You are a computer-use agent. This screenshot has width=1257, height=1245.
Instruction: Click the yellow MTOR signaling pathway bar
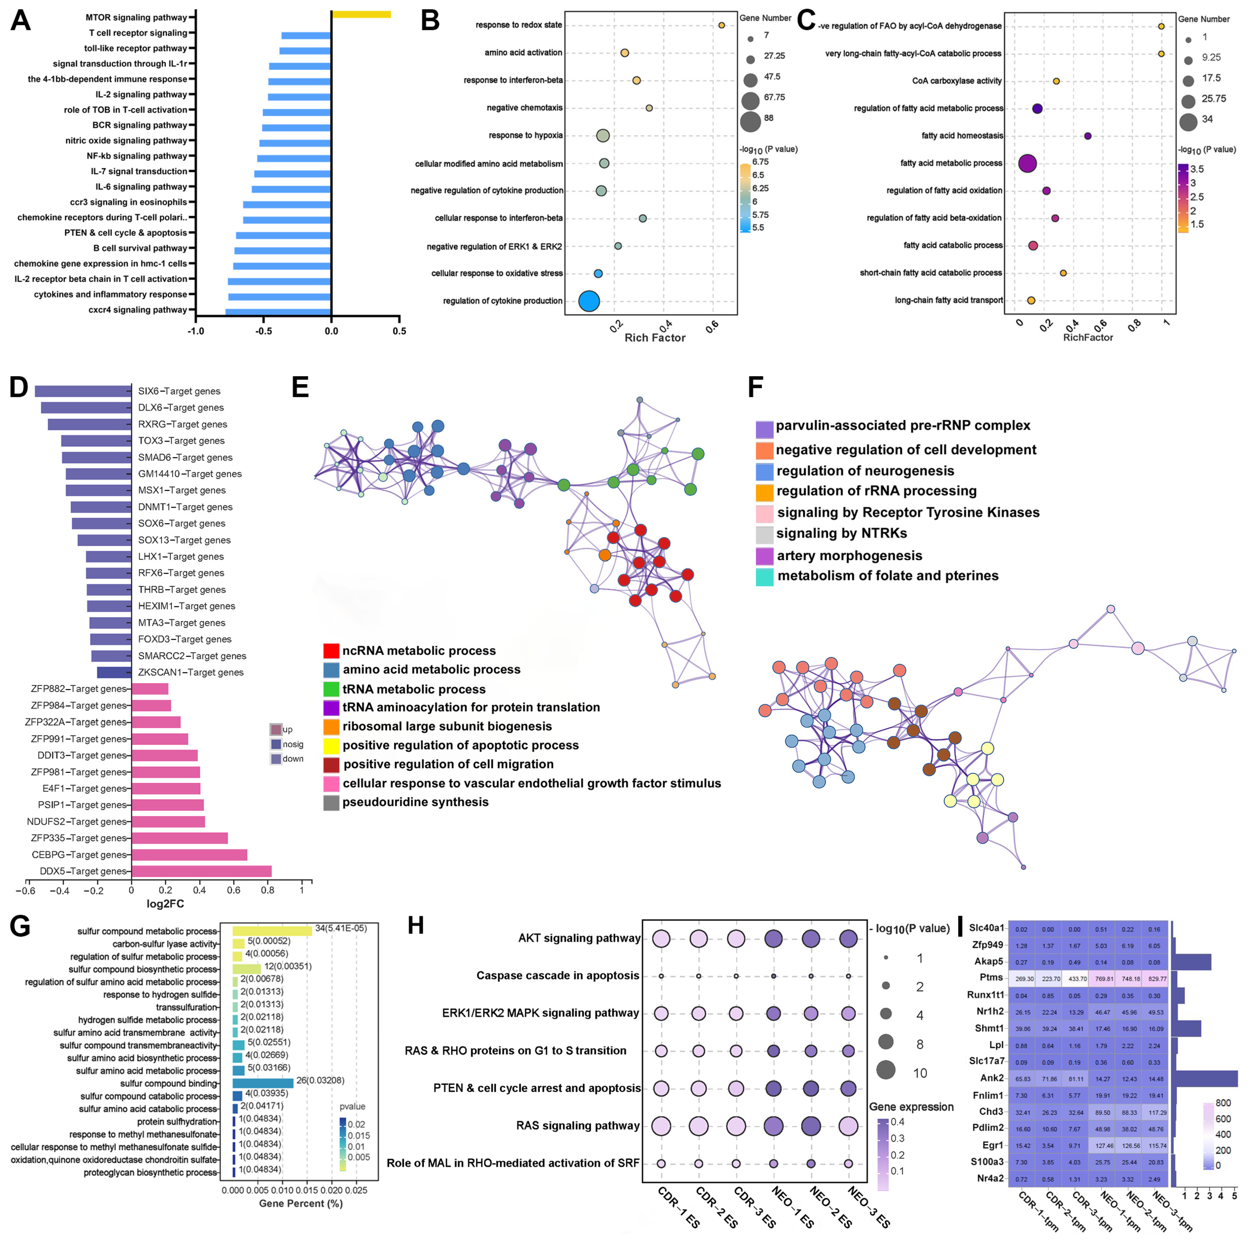pos(361,14)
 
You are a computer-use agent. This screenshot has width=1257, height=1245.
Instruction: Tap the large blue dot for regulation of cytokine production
pos(589,301)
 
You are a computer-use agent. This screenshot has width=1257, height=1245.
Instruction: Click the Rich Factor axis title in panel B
pos(655,337)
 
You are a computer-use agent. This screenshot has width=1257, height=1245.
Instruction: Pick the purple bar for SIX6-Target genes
pos(83,391)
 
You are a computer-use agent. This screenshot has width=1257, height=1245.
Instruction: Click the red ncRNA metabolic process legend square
pos(331,651)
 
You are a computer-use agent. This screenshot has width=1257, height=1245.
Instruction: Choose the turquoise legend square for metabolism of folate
pos(764,576)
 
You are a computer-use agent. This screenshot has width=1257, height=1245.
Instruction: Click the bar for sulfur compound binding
pos(263,1083)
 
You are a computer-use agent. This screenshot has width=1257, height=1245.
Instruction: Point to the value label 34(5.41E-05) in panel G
pos(341,928)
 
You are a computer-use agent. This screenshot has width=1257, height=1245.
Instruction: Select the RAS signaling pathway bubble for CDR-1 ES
pos(661,1125)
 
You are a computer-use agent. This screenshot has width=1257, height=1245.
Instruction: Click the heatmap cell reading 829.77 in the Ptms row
pos(1157,978)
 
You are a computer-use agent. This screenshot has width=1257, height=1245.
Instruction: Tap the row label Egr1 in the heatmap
pos(992,1145)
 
